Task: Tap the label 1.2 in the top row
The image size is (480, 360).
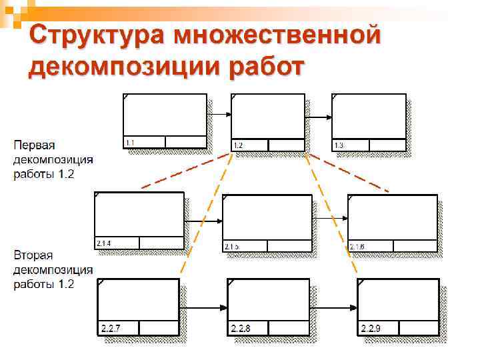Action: tap(238, 145)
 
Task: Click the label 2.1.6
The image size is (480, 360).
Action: tap(356, 247)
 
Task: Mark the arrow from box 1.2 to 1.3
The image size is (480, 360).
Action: tap(318, 118)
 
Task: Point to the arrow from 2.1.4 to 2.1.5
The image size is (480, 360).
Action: tap(203, 221)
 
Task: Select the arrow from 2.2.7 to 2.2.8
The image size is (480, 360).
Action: tap(203, 308)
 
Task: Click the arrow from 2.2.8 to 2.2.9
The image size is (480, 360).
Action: tap(333, 308)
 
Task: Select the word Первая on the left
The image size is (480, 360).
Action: tap(35, 145)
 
